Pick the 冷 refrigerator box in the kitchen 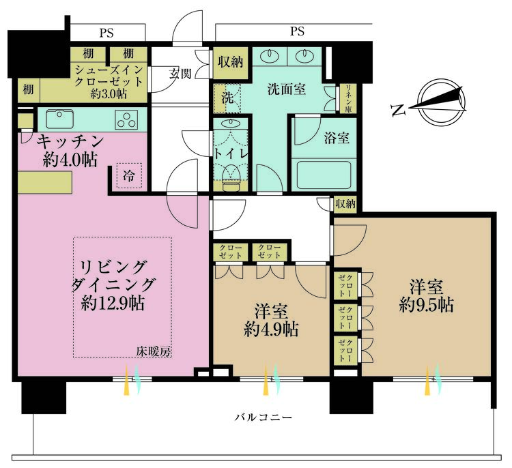tap(128, 176)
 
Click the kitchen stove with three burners tap(126, 119)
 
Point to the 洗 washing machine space tap(226, 98)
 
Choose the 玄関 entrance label tap(180, 72)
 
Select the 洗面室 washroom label tap(285, 88)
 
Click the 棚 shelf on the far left tap(27, 89)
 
